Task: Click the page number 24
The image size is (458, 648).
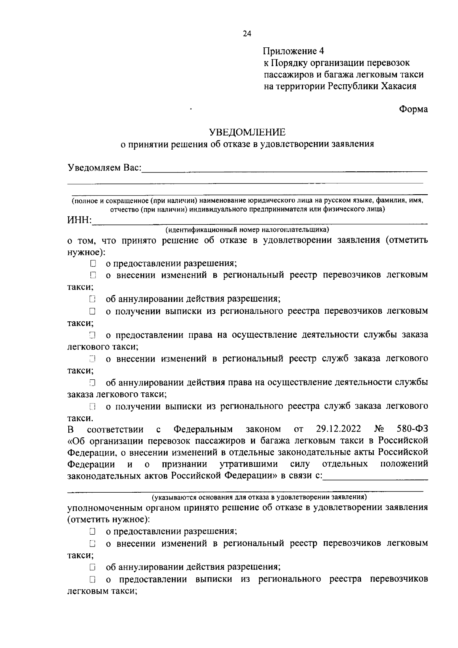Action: point(247,34)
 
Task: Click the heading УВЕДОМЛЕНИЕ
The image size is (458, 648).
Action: point(247,132)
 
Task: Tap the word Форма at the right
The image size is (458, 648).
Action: point(413,109)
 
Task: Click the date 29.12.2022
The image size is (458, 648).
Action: point(339,429)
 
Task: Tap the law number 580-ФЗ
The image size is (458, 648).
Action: point(412,429)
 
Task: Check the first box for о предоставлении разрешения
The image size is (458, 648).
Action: point(93,263)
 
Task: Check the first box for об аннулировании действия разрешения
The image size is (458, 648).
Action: point(93,299)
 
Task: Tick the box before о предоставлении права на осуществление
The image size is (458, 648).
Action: point(93,335)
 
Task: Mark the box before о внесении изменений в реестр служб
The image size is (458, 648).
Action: point(93,359)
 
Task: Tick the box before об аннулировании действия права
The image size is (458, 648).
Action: point(93,382)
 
